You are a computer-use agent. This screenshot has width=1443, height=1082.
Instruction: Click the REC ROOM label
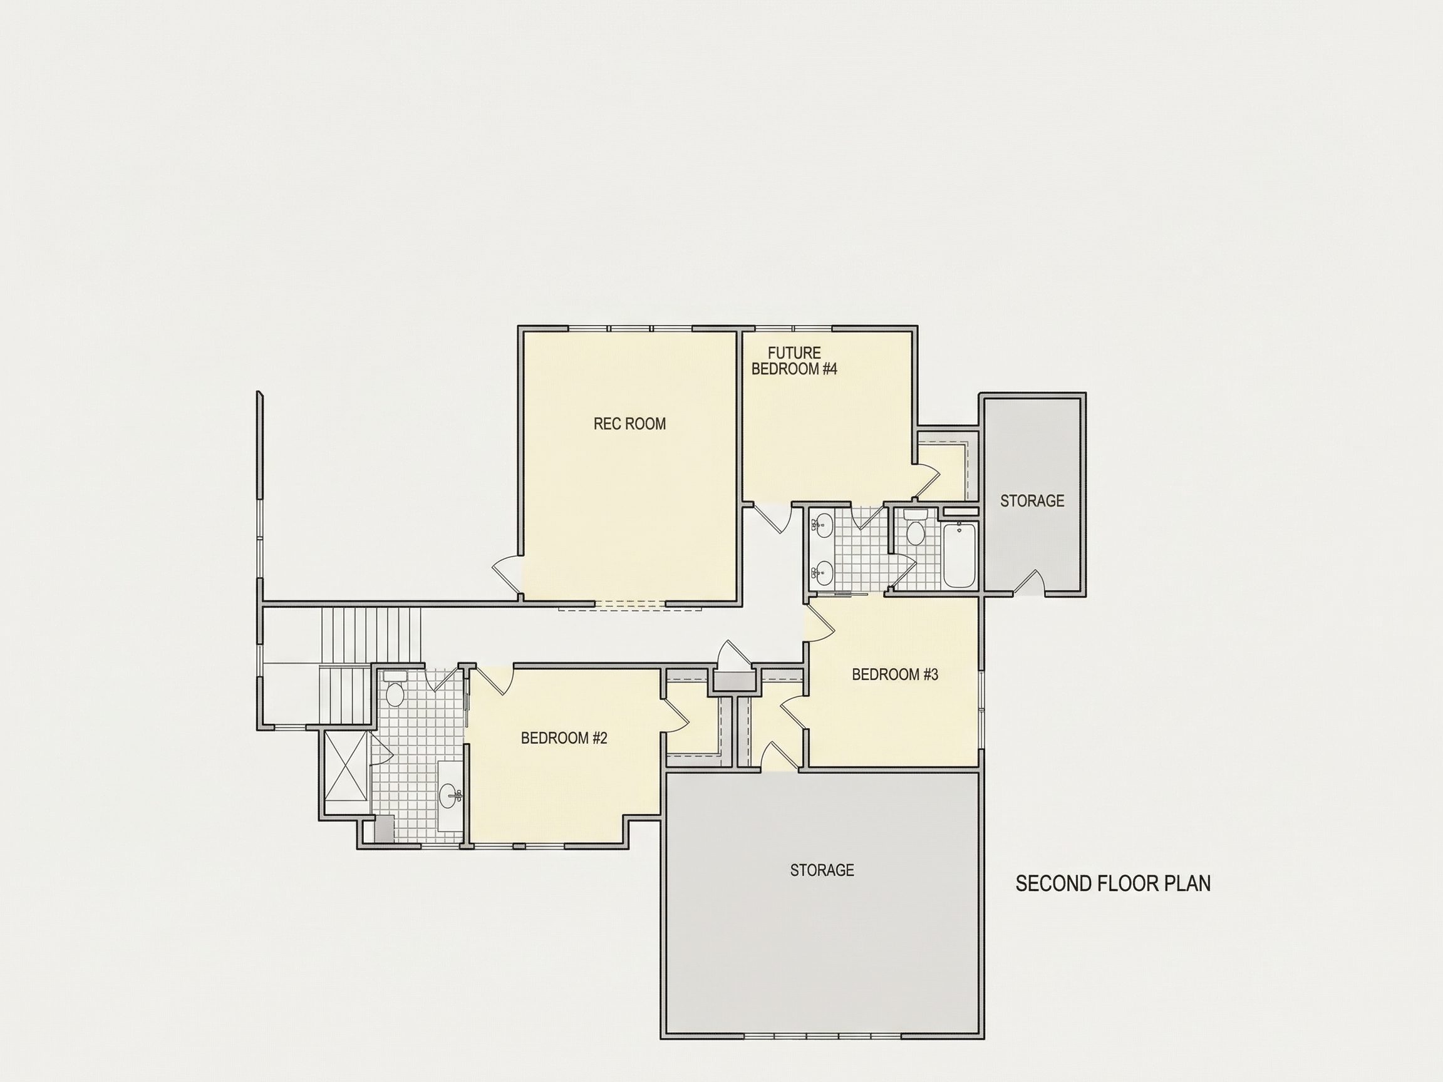click(629, 424)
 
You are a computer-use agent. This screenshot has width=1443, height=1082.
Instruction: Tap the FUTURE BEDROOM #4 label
click(794, 361)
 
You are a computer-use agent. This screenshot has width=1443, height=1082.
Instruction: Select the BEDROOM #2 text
click(564, 738)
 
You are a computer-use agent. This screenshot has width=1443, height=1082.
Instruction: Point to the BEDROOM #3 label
click(895, 674)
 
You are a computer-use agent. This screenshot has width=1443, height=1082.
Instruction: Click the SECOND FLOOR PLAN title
click(1113, 884)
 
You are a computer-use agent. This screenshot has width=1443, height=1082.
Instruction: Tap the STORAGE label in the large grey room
click(822, 870)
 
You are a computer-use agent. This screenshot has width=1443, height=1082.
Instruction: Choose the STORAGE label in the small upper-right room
click(1032, 501)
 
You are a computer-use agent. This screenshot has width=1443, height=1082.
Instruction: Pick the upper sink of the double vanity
click(822, 522)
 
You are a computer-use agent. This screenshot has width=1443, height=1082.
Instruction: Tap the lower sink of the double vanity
click(822, 574)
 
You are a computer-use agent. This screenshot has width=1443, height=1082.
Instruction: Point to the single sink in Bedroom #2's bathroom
click(450, 795)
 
